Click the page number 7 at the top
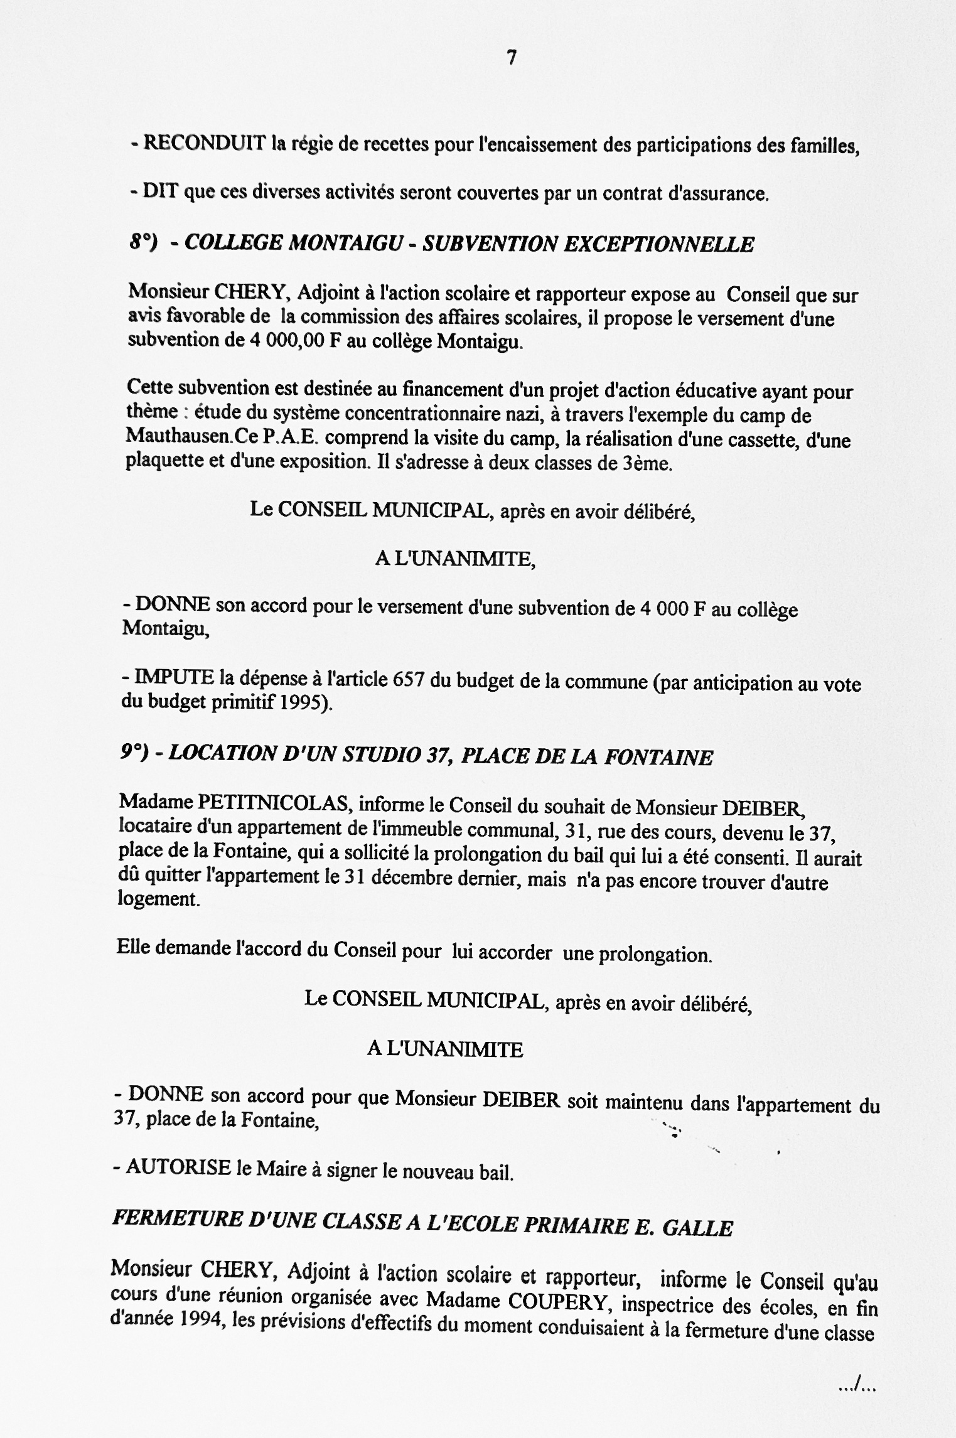tap(512, 58)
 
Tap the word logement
tap(159, 899)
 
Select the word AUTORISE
tap(178, 1167)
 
